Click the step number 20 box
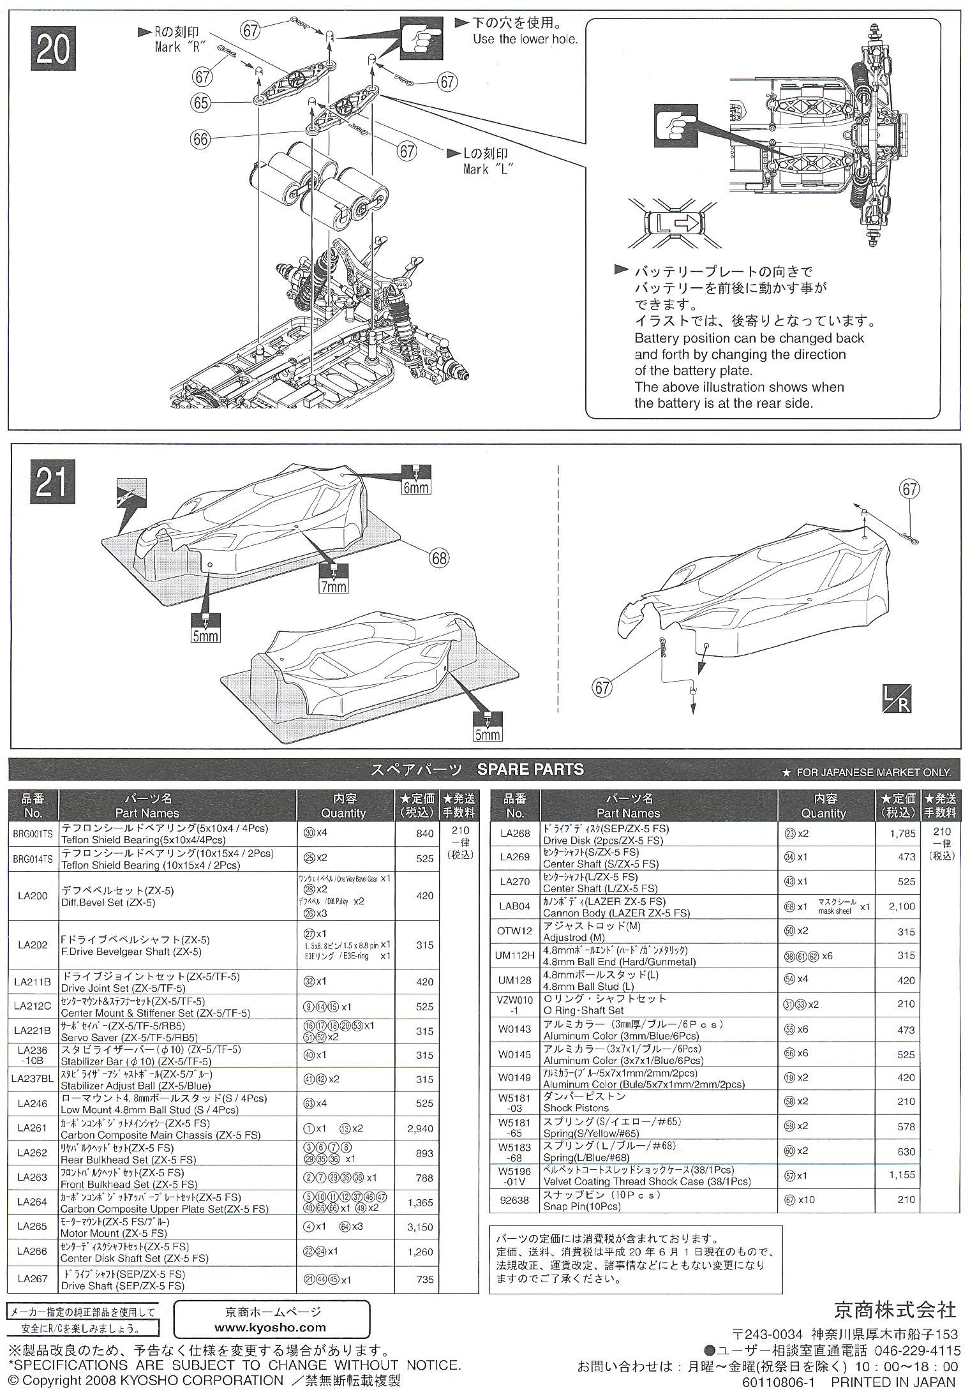point(53,50)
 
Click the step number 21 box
point(51,484)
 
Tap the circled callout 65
point(201,102)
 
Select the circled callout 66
point(201,138)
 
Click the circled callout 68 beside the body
point(439,558)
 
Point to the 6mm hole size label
point(416,487)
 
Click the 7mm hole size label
point(334,585)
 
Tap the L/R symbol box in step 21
point(896,699)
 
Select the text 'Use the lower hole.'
point(525,39)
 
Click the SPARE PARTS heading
point(530,769)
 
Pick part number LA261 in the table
point(33,1128)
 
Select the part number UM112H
point(514,955)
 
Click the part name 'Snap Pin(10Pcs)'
point(581,1206)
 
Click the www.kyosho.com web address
point(271,1327)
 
